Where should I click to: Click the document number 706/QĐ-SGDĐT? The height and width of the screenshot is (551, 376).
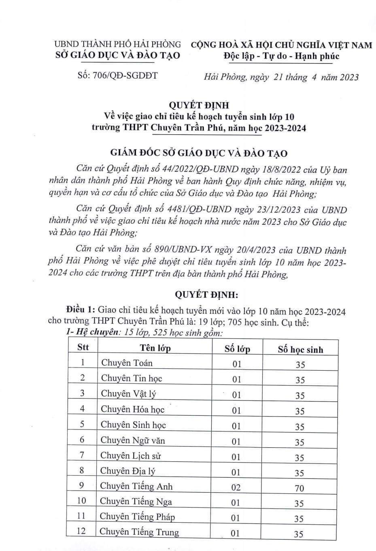[117, 75]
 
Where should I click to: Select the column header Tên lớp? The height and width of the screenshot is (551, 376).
[155, 348]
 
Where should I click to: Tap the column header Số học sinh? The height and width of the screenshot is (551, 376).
[300, 349]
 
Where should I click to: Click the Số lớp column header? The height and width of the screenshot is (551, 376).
[238, 348]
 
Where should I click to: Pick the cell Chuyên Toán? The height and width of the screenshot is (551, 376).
[127, 363]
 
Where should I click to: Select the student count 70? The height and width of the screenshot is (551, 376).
[299, 488]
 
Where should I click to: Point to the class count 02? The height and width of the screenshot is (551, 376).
[236, 487]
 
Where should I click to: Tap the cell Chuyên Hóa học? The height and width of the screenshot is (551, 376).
[132, 409]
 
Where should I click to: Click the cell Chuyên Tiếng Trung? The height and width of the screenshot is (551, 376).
[139, 532]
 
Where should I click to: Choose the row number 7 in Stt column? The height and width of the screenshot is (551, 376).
[82, 455]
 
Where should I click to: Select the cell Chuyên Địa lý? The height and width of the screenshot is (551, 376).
[128, 470]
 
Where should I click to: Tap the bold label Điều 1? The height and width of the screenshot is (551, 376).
[81, 310]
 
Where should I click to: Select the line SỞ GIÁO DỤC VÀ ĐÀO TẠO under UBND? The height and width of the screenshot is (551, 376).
[117, 55]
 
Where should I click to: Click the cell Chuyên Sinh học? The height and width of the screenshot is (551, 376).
[133, 425]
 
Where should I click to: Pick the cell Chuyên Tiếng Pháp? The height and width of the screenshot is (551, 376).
[137, 516]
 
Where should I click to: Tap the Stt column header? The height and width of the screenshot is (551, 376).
[83, 347]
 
